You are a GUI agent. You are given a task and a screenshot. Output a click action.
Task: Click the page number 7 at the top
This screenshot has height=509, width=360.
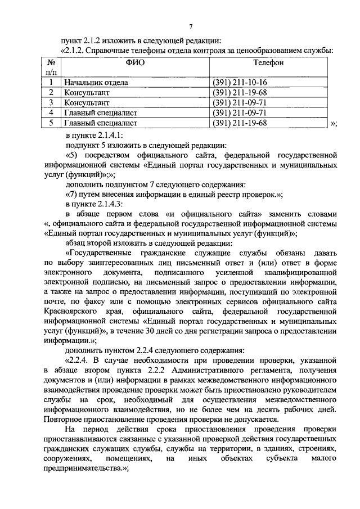click(x=191, y=27)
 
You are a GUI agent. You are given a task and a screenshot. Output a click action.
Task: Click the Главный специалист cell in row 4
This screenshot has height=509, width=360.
click(x=101, y=112)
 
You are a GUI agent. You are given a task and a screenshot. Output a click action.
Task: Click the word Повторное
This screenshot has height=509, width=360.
click(x=66, y=419)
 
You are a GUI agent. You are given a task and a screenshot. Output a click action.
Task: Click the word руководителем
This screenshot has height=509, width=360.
click(x=310, y=389)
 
